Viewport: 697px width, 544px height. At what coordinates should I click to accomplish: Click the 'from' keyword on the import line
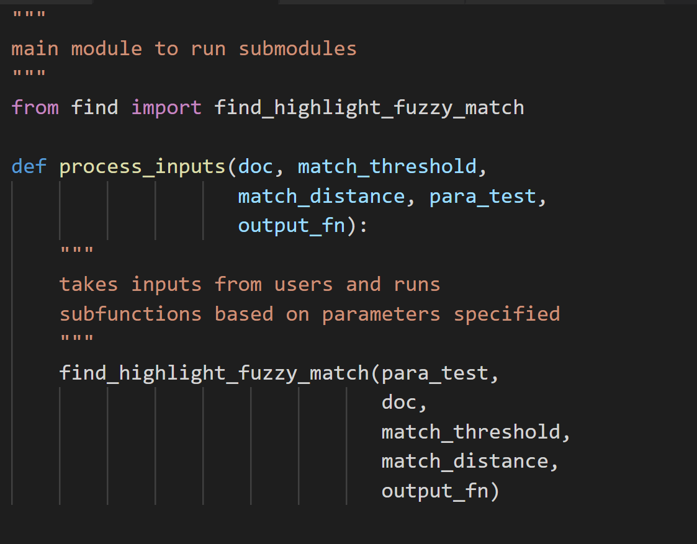(35, 108)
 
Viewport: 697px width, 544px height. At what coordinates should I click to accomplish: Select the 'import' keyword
(166, 108)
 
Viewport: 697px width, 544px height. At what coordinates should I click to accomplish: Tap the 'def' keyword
(29, 167)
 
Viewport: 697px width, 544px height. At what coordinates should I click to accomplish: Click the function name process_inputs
(142, 167)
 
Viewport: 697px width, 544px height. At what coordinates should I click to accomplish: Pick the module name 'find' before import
(94, 108)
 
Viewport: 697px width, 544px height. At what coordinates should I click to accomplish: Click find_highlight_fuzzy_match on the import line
(369, 108)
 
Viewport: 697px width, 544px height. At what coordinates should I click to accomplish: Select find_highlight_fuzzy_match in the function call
(214, 373)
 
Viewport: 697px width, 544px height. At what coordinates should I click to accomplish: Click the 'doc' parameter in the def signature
(256, 167)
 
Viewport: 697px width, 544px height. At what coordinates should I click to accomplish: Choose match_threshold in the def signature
(387, 167)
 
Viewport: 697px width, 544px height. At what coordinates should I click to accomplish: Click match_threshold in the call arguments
(471, 432)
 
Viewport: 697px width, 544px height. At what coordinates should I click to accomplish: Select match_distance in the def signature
(321, 197)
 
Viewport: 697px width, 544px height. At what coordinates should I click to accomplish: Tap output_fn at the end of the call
(435, 491)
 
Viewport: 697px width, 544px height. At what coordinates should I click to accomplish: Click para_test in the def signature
(482, 197)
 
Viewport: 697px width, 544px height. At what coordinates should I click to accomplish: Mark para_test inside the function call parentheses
(435, 373)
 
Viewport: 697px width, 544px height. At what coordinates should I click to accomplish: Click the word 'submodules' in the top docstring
(297, 49)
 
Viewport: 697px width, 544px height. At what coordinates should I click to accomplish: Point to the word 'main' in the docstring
(35, 49)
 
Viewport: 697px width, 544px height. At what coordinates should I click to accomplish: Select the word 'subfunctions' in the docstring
(130, 314)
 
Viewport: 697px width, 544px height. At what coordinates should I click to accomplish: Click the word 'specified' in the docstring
(506, 314)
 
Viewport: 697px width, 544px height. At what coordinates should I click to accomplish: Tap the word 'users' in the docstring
(304, 285)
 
